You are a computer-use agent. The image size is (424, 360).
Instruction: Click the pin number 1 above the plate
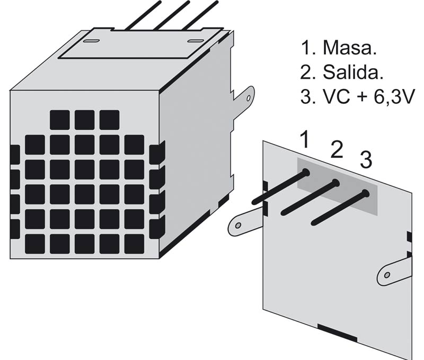coord(305,140)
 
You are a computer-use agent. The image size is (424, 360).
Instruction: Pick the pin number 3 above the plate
coord(365,159)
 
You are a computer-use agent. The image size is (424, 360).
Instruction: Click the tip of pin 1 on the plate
coord(306,172)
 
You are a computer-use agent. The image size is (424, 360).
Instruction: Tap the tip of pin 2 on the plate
coord(335,183)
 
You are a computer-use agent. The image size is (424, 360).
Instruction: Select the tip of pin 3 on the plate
coord(366,194)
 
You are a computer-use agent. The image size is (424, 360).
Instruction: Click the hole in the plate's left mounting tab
coord(238,226)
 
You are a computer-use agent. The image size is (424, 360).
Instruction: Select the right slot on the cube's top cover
coord(196,41)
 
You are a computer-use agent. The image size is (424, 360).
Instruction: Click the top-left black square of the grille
coord(59,120)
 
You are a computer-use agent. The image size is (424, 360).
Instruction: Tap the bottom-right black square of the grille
coord(134,244)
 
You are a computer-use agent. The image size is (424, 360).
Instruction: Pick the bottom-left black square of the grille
coord(35,244)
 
